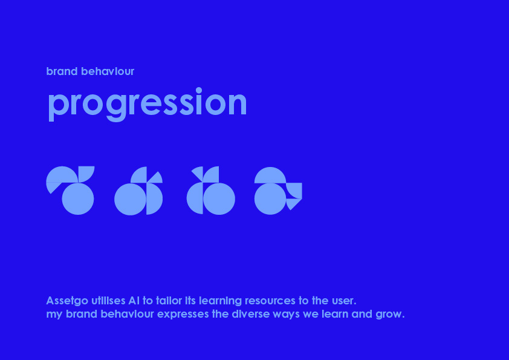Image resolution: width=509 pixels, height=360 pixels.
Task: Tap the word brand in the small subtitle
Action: click(62, 71)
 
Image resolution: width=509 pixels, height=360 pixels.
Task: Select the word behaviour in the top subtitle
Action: click(108, 71)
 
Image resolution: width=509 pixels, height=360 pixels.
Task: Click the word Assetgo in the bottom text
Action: click(67, 301)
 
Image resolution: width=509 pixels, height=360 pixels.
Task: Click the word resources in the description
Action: click(270, 301)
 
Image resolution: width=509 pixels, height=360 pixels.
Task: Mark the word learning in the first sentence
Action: click(220, 301)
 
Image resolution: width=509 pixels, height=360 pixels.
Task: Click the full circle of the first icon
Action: click(78, 199)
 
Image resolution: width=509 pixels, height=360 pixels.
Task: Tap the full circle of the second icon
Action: click(130, 199)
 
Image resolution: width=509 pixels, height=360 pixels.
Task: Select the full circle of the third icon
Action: click(219, 199)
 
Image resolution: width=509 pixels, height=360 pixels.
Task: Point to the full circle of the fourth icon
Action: click(270, 199)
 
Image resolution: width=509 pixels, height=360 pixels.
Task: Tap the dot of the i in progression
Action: click(199, 90)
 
